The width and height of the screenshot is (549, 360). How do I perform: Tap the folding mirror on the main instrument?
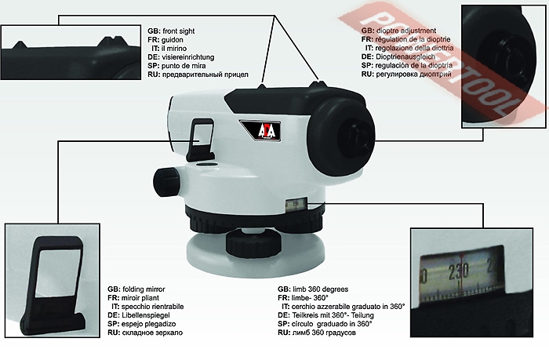click(x=201, y=134)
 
